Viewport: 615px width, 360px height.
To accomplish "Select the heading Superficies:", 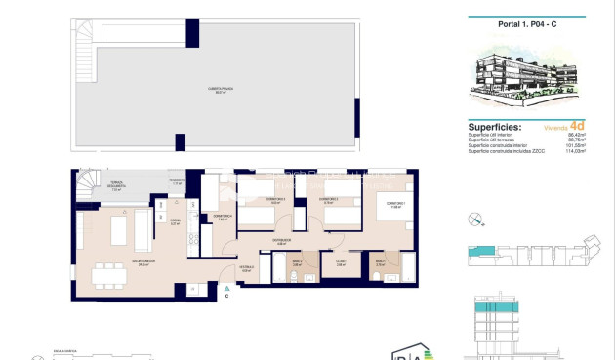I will coord(495,127).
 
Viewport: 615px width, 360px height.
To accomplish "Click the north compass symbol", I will coord(475,220).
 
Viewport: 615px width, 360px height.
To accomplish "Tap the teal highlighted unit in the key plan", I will coord(482,252).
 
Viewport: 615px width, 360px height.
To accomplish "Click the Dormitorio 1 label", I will coord(395,204).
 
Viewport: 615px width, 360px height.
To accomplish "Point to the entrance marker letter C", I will coord(226,297).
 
